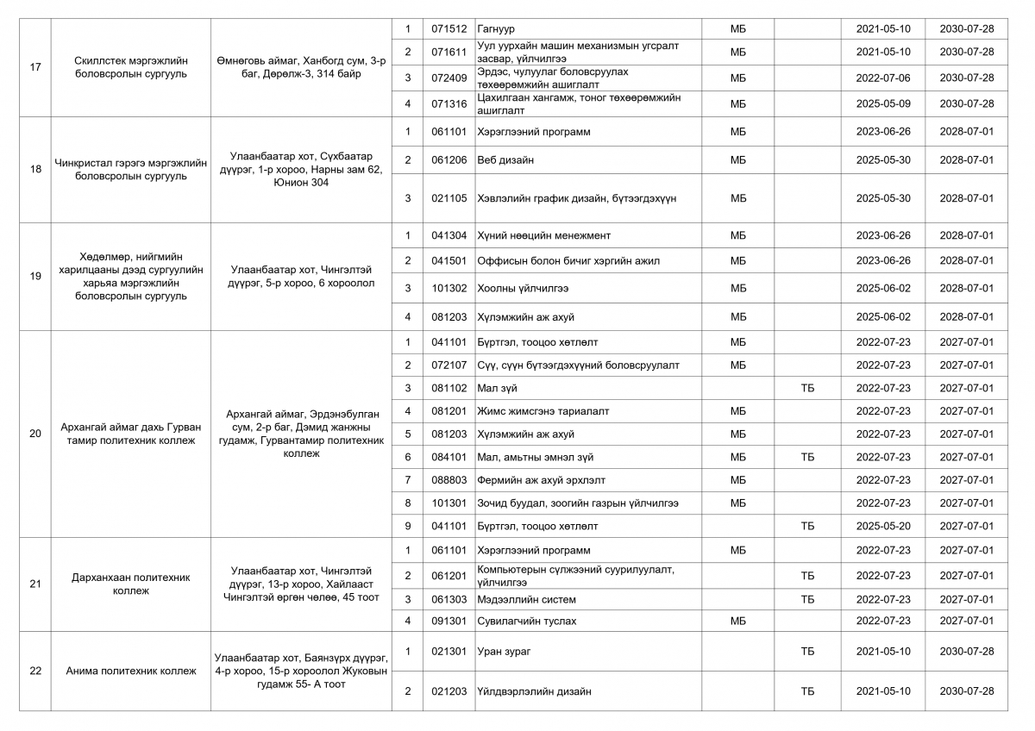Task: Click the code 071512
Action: pyautogui.click(x=448, y=29)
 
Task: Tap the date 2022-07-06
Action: pyautogui.click(x=882, y=78)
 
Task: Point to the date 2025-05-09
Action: pyautogui.click(x=882, y=103)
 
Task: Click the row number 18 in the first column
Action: pyautogui.click(x=35, y=169)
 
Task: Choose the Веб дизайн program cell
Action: pyautogui.click(x=505, y=160)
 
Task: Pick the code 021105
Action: pyautogui.click(x=448, y=198)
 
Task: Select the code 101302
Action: pyautogui.click(x=448, y=289)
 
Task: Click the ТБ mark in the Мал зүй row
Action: pyautogui.click(x=807, y=389)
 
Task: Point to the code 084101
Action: pyautogui.click(x=448, y=457)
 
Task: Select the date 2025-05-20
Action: pyautogui.click(x=882, y=526)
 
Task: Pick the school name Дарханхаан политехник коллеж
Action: pyautogui.click(x=131, y=584)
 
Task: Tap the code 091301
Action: pyautogui.click(x=448, y=621)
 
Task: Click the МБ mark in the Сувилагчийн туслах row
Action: pyautogui.click(x=738, y=621)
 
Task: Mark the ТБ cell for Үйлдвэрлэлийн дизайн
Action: pyautogui.click(x=807, y=691)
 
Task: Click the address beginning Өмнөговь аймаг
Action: pyautogui.click(x=301, y=66)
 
